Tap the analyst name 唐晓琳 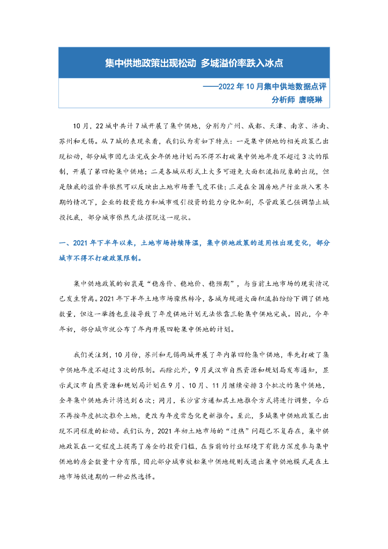[309, 99]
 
